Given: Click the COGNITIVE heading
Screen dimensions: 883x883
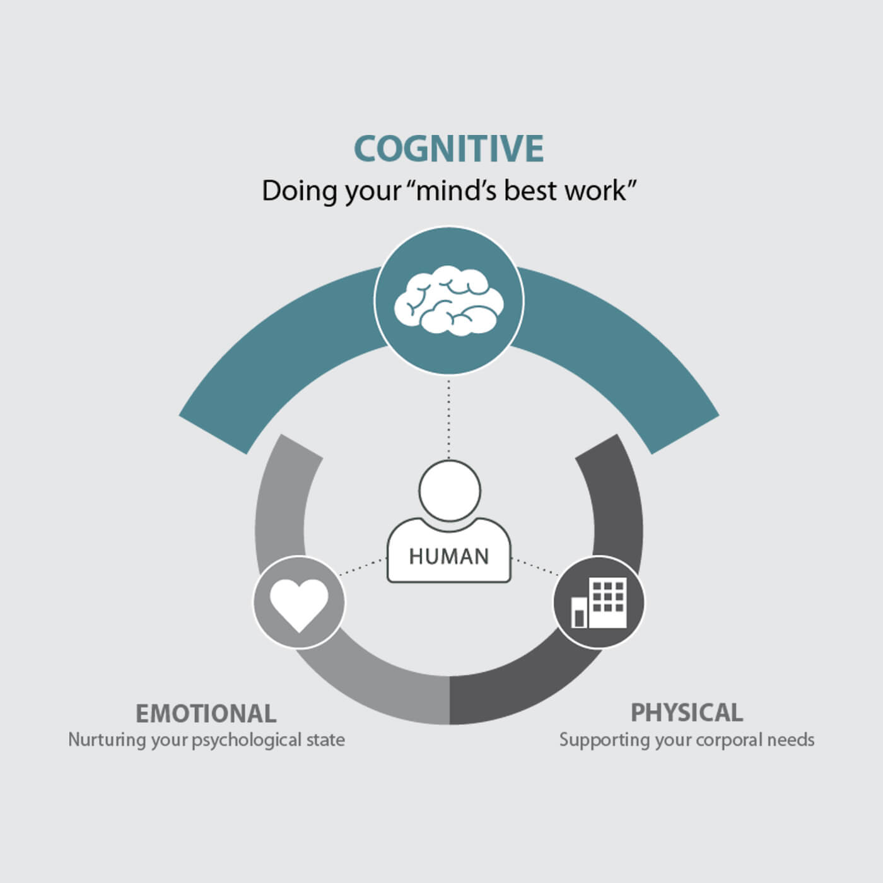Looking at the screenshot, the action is click(x=448, y=149).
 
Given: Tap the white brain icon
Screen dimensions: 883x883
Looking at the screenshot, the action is click(x=448, y=300).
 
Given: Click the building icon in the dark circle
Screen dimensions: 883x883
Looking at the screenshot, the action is click(x=599, y=602).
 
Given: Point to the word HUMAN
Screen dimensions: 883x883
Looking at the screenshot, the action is click(x=448, y=557).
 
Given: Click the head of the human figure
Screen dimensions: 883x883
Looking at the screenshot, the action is click(x=450, y=491).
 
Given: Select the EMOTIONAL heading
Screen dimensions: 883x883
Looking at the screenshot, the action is click(x=206, y=713).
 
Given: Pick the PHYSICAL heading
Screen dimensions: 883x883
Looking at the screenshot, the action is click(x=687, y=713).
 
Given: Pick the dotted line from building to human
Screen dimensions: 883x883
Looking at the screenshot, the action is click(x=535, y=567).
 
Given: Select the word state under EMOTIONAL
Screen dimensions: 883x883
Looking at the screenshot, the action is click(x=326, y=740).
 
